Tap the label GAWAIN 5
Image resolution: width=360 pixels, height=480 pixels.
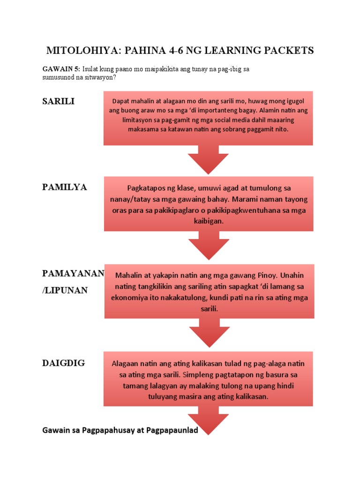61,69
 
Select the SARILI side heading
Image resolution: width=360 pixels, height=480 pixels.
59,101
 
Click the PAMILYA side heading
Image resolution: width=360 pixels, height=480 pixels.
65,187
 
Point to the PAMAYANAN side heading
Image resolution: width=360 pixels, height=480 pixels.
74,273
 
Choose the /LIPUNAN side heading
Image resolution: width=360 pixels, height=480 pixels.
65,290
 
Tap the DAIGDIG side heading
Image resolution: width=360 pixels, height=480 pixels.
64,363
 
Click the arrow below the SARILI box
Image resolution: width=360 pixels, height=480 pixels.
208,159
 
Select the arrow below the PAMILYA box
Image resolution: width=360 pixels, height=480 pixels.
209,245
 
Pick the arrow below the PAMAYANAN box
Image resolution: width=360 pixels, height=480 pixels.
210,333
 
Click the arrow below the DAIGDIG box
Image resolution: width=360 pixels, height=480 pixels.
208,420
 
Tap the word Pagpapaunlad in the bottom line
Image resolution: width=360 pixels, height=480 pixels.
172,430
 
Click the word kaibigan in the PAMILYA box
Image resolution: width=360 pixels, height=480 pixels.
209,221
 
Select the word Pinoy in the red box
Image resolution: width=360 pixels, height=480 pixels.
268,275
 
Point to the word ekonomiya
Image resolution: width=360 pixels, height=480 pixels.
130,298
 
